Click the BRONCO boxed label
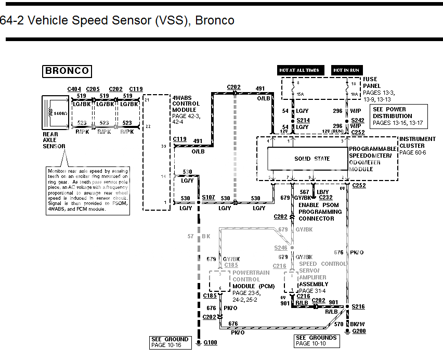tap(67, 71)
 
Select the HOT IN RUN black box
tap(347, 70)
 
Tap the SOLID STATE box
tap(312, 159)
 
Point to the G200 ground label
tap(359, 331)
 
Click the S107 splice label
tap(208, 197)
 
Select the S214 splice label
tap(303, 120)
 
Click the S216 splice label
tap(358, 307)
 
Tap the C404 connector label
tap(74, 89)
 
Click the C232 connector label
tap(325, 198)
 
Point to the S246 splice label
tap(281, 249)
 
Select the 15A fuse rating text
tap(300, 94)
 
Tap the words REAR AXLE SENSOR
tap(54, 140)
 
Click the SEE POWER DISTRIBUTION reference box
tap(398, 116)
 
